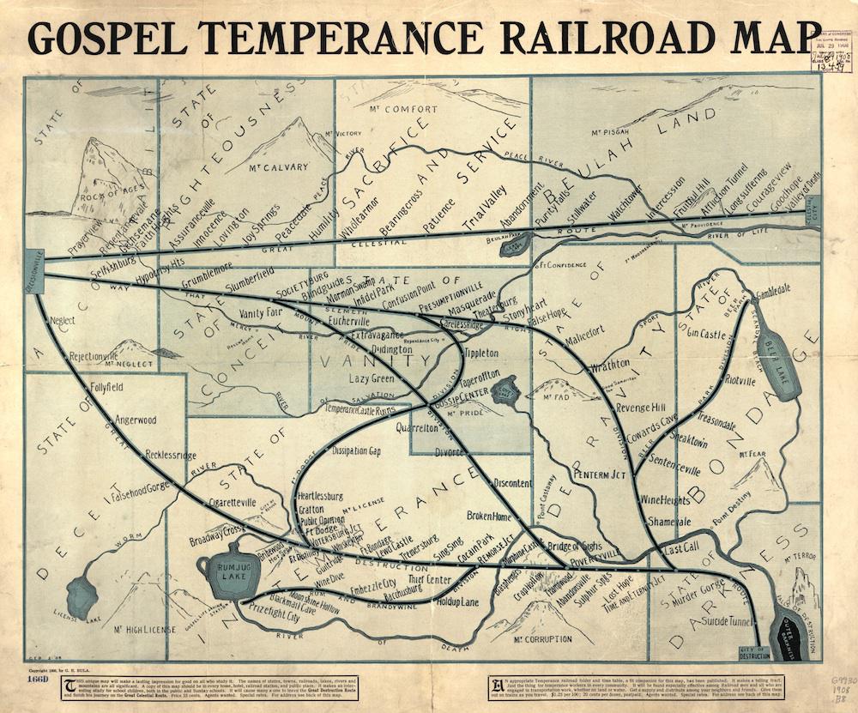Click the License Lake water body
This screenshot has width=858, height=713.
click(83, 596)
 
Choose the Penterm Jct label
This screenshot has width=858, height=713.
click(602, 474)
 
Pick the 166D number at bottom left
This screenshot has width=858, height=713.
click(38, 679)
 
